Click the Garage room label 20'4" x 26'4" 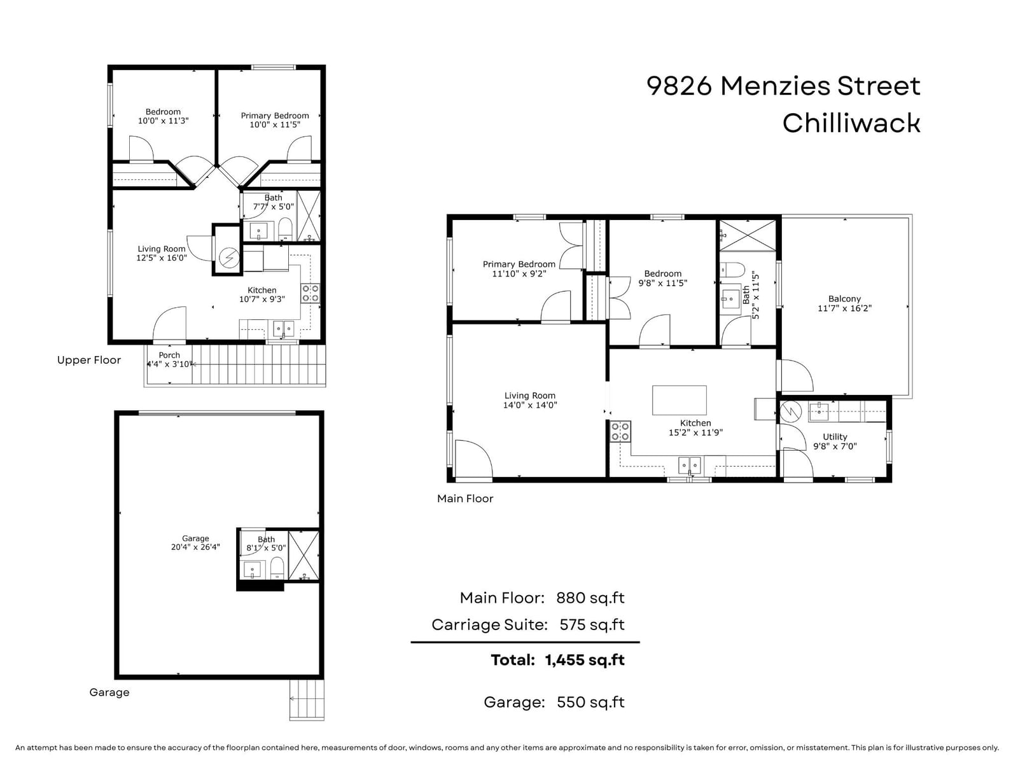click(195, 542)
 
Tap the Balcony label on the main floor click(844, 303)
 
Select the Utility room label click(835, 441)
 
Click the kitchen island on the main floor click(680, 401)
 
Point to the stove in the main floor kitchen click(620, 431)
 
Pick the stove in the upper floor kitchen click(310, 292)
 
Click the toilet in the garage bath click(277, 568)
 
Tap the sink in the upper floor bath click(258, 231)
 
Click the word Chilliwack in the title click(851, 123)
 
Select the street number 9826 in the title click(679, 86)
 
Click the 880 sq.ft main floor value click(590, 598)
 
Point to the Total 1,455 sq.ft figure click(557, 660)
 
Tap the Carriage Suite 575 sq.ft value click(592, 625)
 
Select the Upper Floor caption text click(88, 360)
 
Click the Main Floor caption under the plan click(465, 498)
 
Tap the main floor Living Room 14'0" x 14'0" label click(529, 401)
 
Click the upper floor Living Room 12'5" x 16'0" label click(162, 254)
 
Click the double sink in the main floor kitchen click(689, 465)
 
